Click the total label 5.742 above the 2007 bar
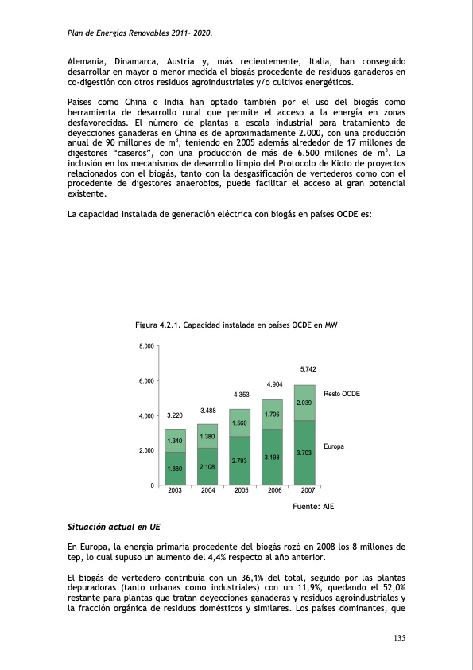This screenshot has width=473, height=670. point(308,369)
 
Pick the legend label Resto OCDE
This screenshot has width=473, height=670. point(342,394)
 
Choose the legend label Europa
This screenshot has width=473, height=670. point(334,446)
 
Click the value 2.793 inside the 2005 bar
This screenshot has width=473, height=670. point(241,461)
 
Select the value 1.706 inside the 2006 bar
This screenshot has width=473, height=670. point(272,415)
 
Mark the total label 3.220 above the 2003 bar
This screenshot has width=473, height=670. point(175,415)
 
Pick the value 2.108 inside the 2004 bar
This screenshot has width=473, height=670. point(208,466)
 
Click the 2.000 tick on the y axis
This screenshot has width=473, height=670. point(147,450)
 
